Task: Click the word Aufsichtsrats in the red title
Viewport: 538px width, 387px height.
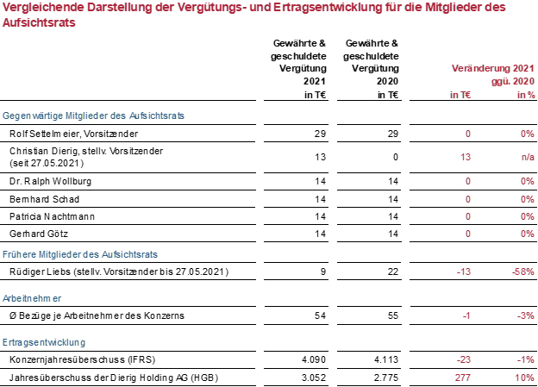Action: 39,22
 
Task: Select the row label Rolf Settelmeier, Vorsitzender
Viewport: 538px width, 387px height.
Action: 74,134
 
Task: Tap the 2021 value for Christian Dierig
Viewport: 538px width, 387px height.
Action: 320,157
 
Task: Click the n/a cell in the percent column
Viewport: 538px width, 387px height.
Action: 528,157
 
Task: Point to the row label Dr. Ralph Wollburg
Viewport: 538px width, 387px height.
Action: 50,181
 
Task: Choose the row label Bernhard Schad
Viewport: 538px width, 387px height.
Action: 44,199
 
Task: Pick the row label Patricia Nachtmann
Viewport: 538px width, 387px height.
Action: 52,216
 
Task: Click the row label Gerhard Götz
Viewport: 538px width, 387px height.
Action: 39,234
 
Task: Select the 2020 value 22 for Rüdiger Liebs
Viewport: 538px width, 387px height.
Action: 393,272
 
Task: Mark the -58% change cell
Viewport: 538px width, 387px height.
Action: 522,272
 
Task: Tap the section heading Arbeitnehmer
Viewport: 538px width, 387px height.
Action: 32,298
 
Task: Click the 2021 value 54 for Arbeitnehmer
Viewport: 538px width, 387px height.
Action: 320,315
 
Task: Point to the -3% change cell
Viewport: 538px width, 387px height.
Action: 526,315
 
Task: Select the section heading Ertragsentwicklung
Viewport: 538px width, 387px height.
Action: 44,342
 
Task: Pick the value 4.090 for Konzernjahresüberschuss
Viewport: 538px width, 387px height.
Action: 314,359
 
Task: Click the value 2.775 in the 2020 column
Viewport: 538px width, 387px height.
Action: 386,378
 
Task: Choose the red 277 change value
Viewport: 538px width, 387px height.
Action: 463,378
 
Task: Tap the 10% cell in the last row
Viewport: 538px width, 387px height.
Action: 524,378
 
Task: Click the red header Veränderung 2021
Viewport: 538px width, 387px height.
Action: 493,68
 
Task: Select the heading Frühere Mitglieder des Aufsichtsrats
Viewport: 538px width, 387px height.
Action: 80,254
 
